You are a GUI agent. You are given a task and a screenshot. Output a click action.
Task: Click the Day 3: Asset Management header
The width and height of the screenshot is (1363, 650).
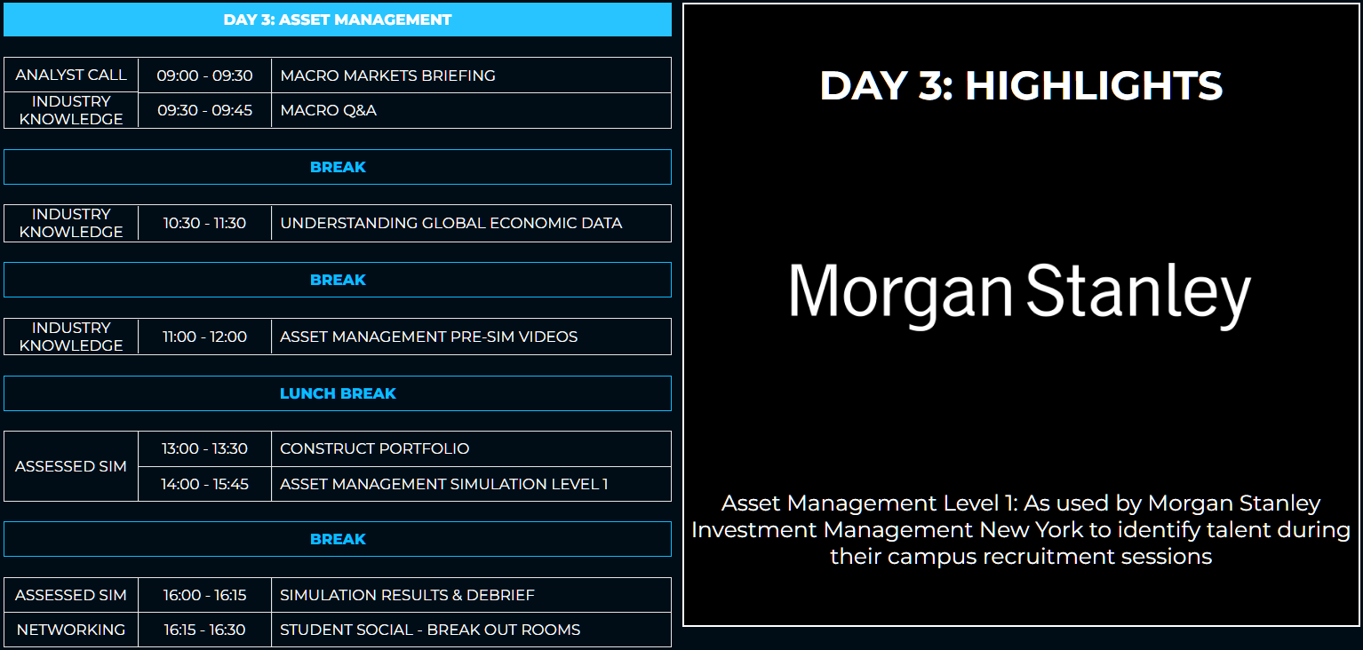click(338, 20)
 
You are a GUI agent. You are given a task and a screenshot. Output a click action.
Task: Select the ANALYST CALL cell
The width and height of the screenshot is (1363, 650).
click(71, 75)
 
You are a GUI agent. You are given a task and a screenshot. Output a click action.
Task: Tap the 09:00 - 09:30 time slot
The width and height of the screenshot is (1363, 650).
click(204, 75)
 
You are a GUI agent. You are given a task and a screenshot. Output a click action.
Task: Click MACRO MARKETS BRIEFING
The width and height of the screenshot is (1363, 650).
click(387, 75)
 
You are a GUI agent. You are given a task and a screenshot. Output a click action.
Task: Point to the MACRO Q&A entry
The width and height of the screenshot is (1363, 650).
click(328, 110)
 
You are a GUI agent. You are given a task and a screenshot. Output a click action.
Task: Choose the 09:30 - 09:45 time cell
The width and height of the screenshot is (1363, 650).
click(204, 110)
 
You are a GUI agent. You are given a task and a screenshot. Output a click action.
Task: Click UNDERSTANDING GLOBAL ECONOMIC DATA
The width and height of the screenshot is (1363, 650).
click(450, 223)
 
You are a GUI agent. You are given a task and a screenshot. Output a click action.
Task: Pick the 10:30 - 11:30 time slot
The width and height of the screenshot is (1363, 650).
click(204, 223)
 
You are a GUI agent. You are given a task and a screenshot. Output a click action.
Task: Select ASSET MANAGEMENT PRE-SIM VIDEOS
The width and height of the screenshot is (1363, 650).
click(428, 337)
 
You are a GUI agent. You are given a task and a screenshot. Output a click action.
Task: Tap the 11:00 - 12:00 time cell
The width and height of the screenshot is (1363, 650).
click(204, 337)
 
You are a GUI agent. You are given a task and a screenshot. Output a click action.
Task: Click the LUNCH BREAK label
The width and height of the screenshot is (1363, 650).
click(338, 393)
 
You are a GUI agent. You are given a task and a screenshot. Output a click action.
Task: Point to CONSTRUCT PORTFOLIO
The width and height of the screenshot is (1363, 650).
click(374, 448)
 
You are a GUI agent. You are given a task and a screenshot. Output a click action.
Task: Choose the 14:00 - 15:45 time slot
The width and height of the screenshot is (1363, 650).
click(204, 484)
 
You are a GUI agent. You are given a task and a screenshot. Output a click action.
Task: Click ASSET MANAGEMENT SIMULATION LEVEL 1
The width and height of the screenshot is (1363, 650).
click(443, 484)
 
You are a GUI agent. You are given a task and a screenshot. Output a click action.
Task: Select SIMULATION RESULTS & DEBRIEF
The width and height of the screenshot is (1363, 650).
click(407, 595)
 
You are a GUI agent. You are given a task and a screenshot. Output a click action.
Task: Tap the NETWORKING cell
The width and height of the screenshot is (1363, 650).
click(71, 630)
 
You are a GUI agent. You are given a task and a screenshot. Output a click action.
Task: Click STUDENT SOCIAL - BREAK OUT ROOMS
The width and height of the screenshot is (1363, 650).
click(429, 630)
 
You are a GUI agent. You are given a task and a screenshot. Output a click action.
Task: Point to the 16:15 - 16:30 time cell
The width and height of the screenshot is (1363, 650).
click(204, 630)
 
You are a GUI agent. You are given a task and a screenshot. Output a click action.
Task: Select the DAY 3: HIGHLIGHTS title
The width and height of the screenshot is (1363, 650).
click(1021, 86)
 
